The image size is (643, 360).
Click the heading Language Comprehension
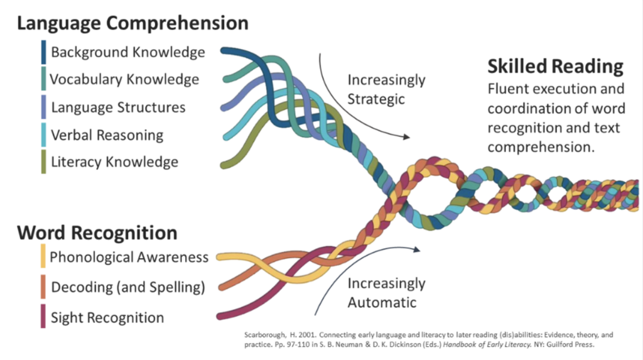tap(132, 24)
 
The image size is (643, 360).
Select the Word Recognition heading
tap(97, 233)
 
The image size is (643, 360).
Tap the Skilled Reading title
tap(555, 67)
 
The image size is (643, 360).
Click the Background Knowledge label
tap(128, 52)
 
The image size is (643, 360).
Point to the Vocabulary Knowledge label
tap(124, 79)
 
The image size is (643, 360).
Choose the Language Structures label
tap(118, 107)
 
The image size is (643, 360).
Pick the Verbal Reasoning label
tap(107, 134)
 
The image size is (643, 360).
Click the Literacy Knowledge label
tap(114, 162)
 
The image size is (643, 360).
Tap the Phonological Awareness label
tap(129, 257)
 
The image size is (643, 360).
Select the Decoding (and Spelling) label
tap(128, 287)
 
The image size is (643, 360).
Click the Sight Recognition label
tap(107, 317)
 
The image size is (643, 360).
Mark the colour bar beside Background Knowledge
tap(43, 52)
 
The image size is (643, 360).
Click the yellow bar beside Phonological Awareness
tap(43, 257)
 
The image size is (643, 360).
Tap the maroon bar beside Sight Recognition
tap(43, 317)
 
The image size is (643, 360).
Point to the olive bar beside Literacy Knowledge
tap(43, 162)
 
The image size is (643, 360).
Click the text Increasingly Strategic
tap(386, 89)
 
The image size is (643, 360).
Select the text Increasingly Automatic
tap(386, 293)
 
